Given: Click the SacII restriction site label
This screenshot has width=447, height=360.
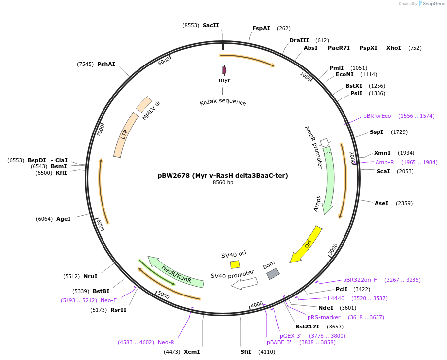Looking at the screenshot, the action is click(x=210, y=25).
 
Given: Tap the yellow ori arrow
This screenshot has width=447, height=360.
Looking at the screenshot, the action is click(x=306, y=244).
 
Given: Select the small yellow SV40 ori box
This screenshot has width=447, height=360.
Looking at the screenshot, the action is click(x=235, y=264).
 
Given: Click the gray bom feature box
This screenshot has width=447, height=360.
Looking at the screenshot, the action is click(x=273, y=274).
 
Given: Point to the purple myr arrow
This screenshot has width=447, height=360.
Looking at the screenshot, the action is click(x=224, y=70).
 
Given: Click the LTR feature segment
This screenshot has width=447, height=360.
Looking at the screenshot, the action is click(x=126, y=134).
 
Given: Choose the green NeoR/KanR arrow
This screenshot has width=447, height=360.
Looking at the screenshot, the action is click(x=175, y=272).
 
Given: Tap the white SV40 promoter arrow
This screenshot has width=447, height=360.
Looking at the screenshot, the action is click(x=244, y=283).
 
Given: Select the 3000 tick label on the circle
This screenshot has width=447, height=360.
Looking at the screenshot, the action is click(x=333, y=249).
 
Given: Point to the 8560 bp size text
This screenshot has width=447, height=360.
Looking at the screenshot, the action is click(x=223, y=182).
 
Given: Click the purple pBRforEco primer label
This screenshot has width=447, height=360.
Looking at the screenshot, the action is click(x=377, y=116).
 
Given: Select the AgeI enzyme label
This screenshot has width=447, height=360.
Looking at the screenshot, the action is click(x=63, y=219).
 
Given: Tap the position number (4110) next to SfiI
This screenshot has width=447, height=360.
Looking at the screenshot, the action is click(x=267, y=352).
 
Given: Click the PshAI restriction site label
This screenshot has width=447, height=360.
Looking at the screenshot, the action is click(x=106, y=64).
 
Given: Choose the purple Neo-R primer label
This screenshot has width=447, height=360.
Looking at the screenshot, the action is click(x=166, y=342).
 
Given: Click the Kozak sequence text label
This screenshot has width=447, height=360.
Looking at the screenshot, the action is click(x=223, y=102).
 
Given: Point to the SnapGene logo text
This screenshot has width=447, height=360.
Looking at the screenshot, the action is click(x=434, y=4).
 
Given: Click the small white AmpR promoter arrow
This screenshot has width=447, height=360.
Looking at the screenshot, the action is click(x=325, y=142).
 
